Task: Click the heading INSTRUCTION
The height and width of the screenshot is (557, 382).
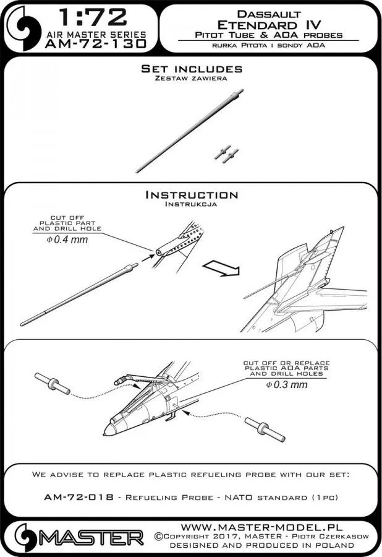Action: (191, 194)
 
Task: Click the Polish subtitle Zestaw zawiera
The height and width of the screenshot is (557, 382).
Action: (190, 79)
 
